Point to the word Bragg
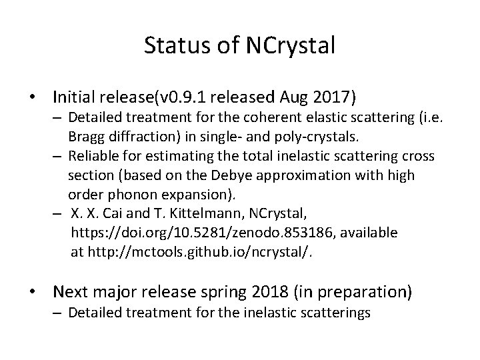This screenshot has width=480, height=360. pos(85,137)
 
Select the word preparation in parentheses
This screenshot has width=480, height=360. pos(365,292)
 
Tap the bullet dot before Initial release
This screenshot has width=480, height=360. pos(31,99)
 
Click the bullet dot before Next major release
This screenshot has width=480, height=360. pos(31,291)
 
